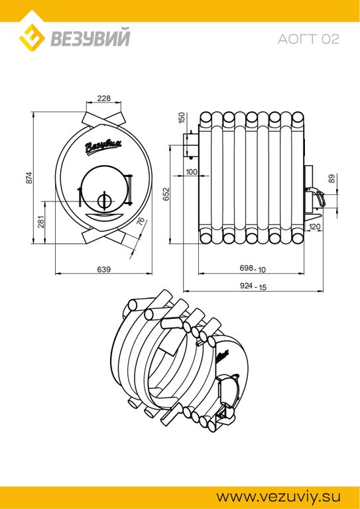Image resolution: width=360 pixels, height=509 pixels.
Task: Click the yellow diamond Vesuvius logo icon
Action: coord(32,36)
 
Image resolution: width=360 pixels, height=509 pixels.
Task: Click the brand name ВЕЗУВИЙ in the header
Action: coord(90,38)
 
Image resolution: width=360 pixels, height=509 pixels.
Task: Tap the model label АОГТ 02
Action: coord(308,39)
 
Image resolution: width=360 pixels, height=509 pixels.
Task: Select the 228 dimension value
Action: coord(104,98)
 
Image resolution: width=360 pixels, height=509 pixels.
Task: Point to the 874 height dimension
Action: coord(29,178)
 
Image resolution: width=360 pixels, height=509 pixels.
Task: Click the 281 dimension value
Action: coord(40,222)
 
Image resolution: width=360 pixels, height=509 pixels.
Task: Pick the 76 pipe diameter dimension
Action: coord(140,222)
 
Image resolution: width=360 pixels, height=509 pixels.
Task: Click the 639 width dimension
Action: coord(104,269)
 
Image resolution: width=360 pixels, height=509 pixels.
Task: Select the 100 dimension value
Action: coord(191,172)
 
